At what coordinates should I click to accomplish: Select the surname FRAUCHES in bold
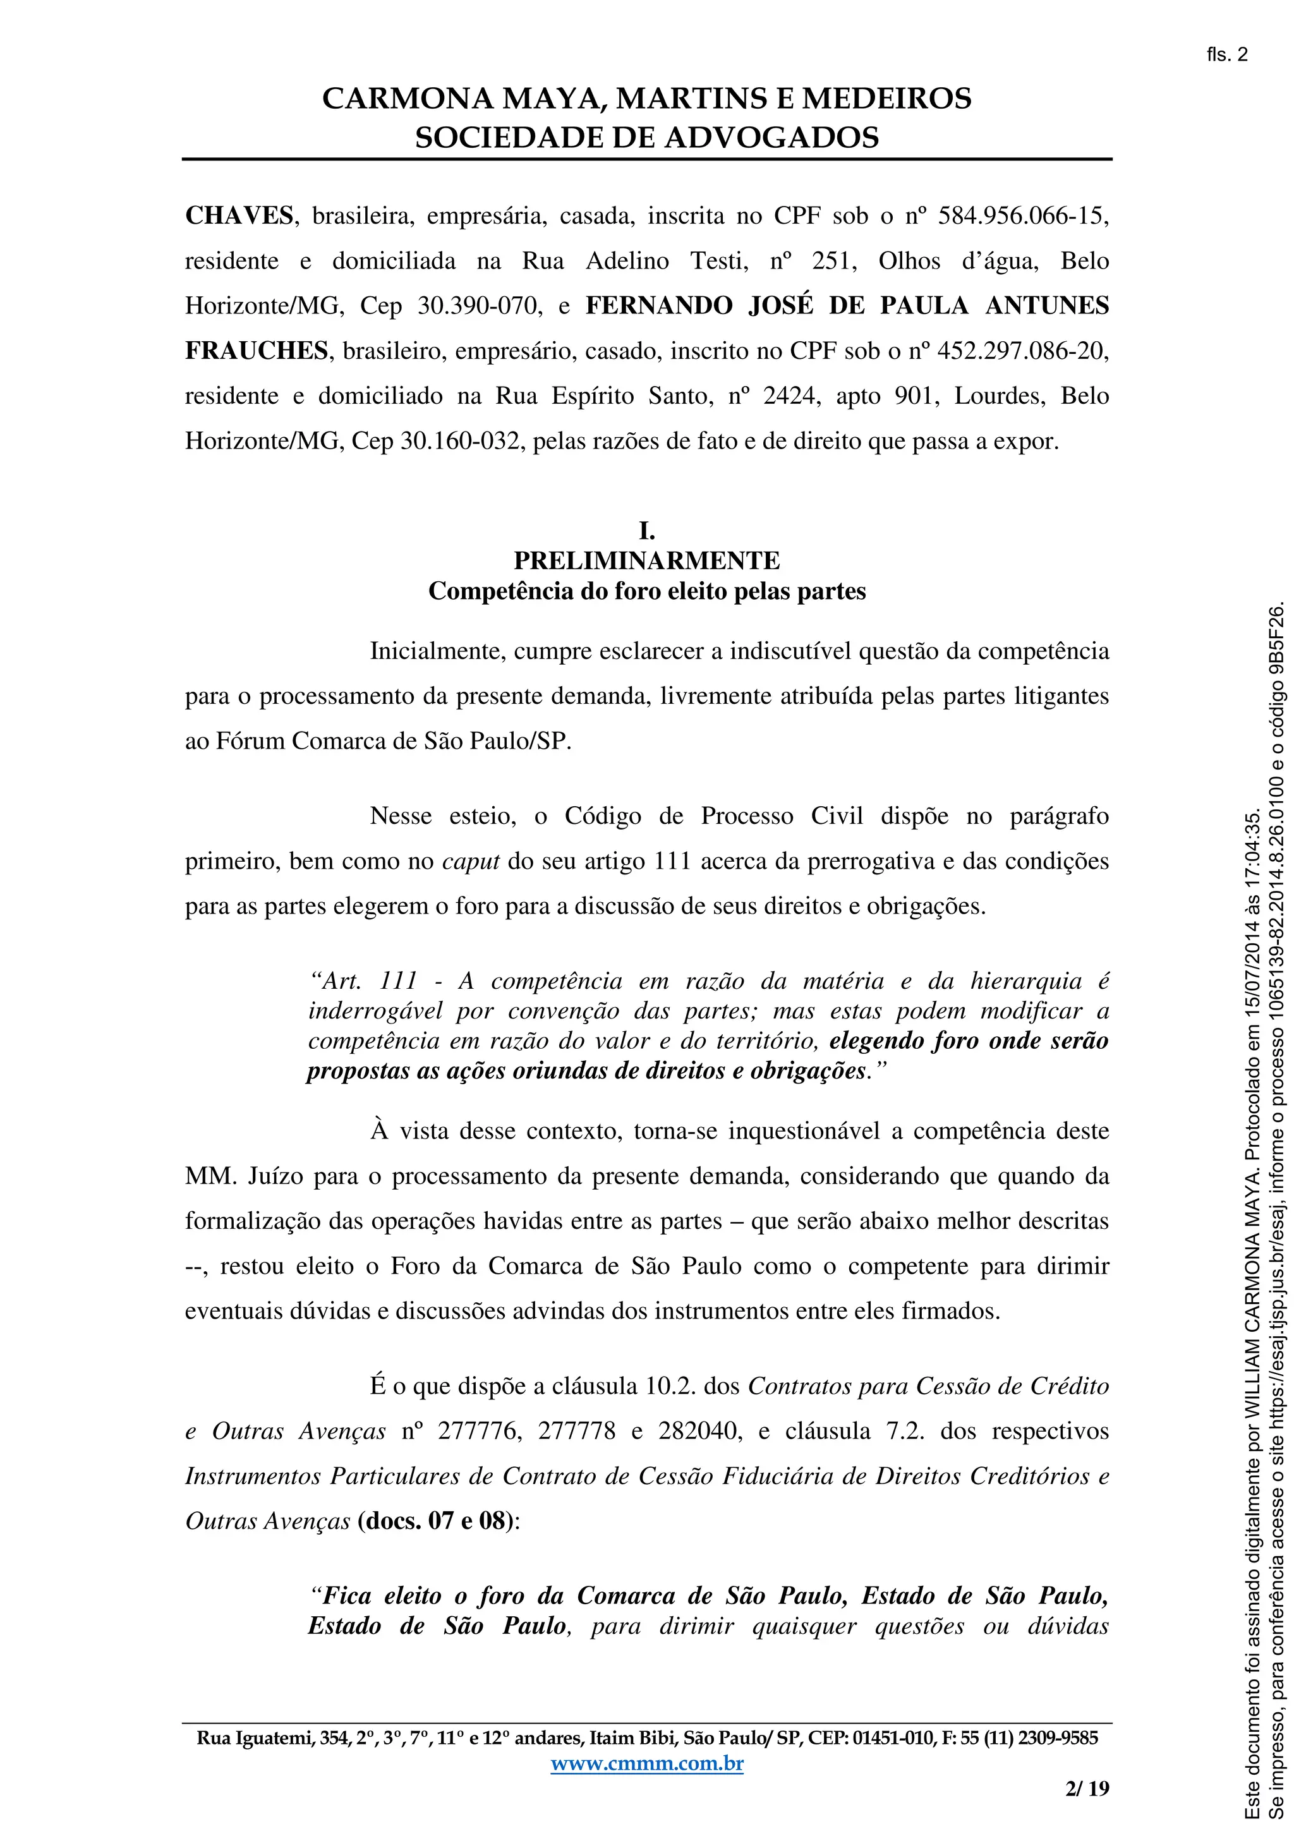point(257,351)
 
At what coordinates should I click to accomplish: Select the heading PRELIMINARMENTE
point(646,562)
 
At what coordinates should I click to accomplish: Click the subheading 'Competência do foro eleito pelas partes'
point(646,592)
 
